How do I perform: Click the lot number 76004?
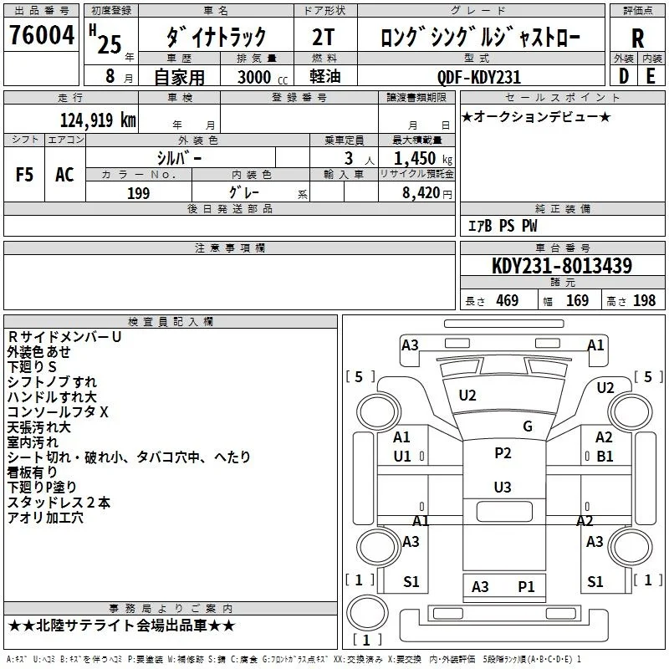point(42,35)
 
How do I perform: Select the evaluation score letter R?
point(637,38)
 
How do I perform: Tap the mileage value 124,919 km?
point(98,120)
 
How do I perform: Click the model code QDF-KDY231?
point(479,77)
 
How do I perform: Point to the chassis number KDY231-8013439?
point(562,265)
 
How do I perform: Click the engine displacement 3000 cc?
point(263,77)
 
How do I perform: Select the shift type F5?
point(24,175)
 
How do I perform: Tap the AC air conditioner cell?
point(65,175)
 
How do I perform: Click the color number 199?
point(139,193)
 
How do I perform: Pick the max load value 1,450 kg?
point(423,158)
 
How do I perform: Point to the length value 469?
point(508,300)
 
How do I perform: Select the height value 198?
point(644,300)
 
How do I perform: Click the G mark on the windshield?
point(528,426)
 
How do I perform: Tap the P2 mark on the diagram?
point(503,452)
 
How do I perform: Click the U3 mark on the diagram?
point(503,487)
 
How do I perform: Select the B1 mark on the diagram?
point(605,456)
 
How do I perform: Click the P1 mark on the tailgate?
point(526,587)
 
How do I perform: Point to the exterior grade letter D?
point(624,76)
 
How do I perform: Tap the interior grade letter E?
point(651,76)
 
